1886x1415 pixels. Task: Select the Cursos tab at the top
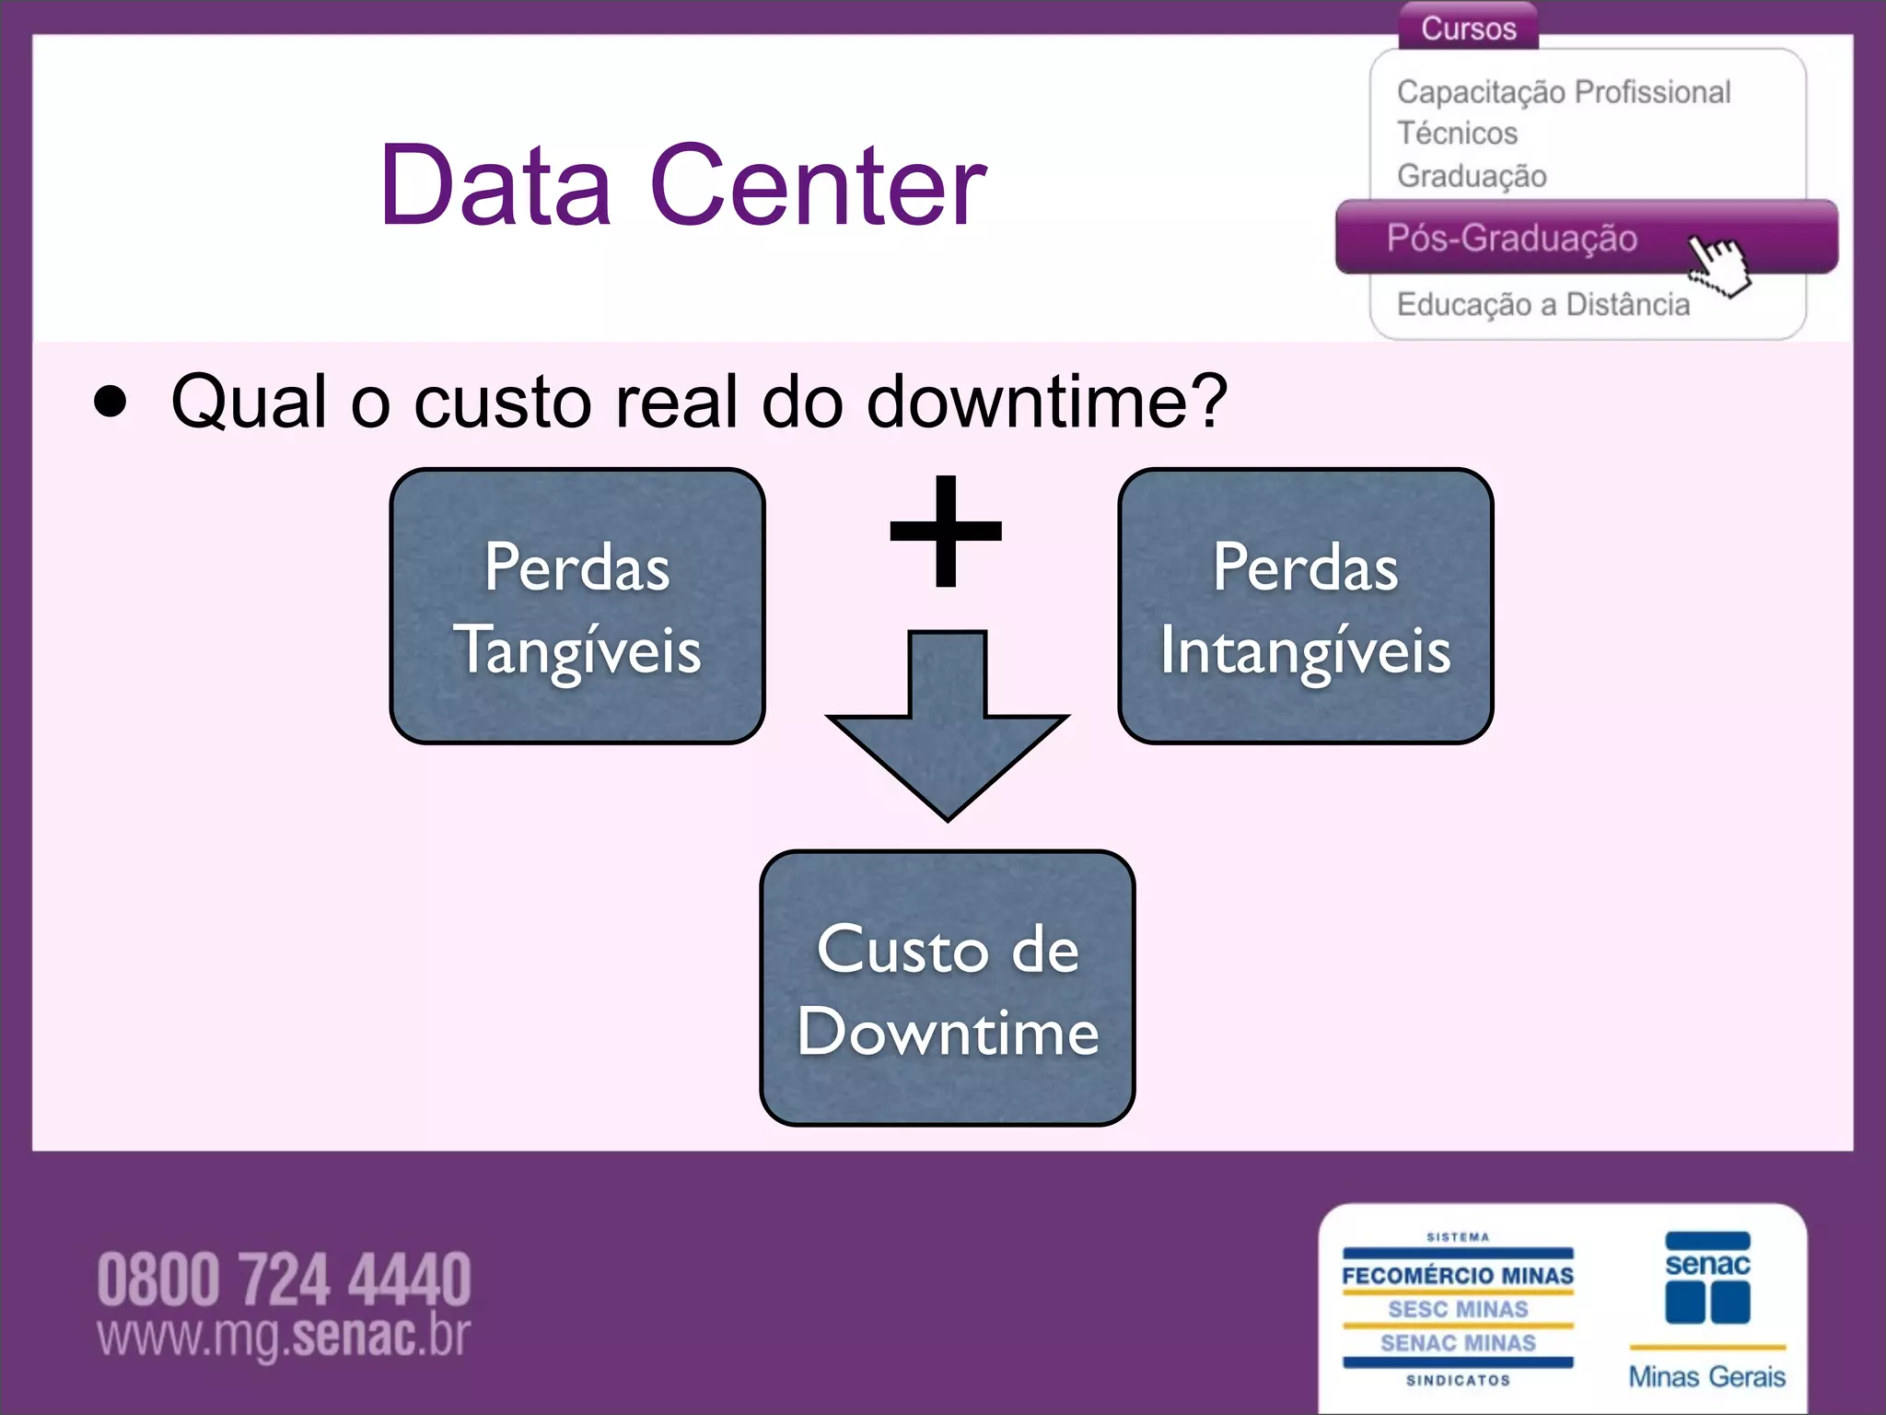[x=1468, y=28]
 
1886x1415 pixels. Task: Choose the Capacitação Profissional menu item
[x=1563, y=92]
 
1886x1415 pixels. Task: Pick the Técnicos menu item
[x=1457, y=134]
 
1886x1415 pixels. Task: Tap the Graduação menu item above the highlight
[x=1471, y=176]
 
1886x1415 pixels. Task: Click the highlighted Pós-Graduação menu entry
[x=1511, y=239]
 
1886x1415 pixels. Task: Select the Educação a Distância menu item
[x=1543, y=305]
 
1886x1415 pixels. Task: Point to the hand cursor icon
[x=1718, y=265]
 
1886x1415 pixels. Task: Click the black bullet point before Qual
[x=111, y=402]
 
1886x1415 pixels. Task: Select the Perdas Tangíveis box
[x=577, y=606]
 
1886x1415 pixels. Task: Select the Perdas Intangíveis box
[x=1305, y=606]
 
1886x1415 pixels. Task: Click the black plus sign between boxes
[x=946, y=532]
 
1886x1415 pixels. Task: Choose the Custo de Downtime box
[x=947, y=988]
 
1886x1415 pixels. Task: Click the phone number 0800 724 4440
[x=284, y=1280]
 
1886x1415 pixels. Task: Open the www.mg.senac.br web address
[x=284, y=1336]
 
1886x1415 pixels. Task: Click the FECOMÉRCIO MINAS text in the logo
[x=1457, y=1276]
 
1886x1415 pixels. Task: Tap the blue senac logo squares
[x=1707, y=1301]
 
